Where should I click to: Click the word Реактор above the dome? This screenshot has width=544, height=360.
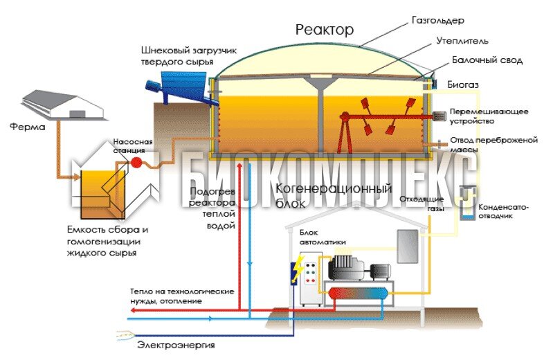(324, 30)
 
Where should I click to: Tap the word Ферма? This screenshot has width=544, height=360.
(26, 127)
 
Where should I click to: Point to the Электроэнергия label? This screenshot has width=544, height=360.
(176, 345)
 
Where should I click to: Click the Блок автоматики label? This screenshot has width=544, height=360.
(323, 237)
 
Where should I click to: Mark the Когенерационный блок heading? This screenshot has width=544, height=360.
(334, 195)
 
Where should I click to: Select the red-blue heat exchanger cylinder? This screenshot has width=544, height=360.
(356, 294)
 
